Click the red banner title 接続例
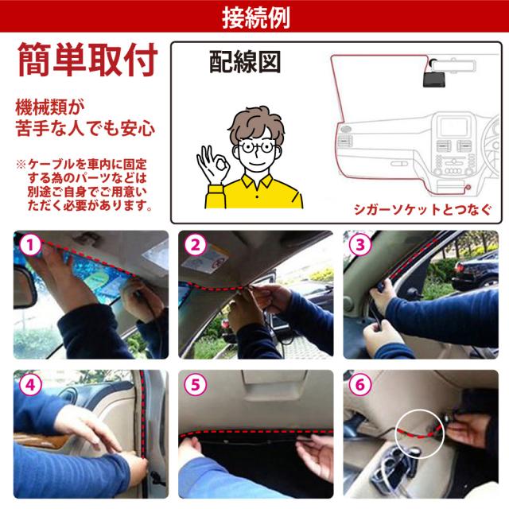256,17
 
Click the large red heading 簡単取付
87,60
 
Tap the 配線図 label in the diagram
245,62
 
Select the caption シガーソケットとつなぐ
422,210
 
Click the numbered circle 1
30,245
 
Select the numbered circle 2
195,245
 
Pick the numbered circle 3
360,245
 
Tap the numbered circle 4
30,385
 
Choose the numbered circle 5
195,385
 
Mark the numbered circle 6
360,385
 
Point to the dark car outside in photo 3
475,272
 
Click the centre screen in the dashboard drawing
454,126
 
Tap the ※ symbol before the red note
21,165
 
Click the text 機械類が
49,107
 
